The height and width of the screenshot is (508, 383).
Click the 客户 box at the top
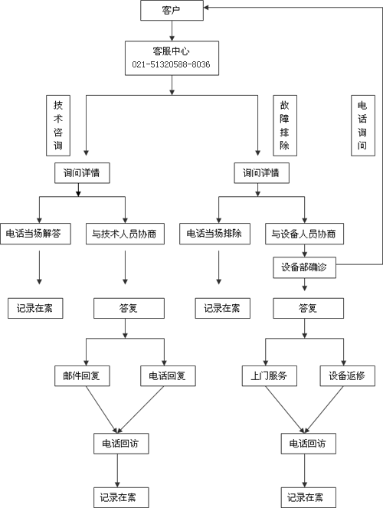pyautogui.click(x=172, y=11)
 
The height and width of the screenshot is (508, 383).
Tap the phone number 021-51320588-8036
pyautogui.click(x=171, y=64)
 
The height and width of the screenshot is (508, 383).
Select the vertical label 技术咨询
pyautogui.click(x=58, y=126)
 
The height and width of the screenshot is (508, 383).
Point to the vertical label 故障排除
pyautogui.click(x=285, y=126)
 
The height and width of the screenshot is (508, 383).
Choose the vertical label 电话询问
pyautogui.click(x=363, y=126)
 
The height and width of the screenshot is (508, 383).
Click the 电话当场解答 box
pyautogui.click(x=35, y=234)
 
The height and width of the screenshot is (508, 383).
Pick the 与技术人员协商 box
pyautogui.click(x=125, y=234)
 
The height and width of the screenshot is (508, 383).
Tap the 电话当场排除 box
pyautogui.click(x=214, y=234)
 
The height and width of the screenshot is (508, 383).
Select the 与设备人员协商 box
pyautogui.click(x=304, y=234)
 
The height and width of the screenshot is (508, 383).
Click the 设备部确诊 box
pyautogui.click(x=304, y=267)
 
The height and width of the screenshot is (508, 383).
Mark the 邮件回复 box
pyautogui.click(x=82, y=375)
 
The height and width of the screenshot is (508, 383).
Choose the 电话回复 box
pyautogui.click(x=168, y=375)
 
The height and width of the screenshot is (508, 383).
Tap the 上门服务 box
pyautogui.click(x=270, y=375)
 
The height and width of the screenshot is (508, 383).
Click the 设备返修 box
pyautogui.click(x=348, y=375)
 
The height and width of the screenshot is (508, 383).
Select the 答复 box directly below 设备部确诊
pyautogui.click(x=308, y=308)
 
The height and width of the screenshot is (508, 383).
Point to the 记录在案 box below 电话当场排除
pyautogui.click(x=222, y=308)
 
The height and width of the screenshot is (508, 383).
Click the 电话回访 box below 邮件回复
pyautogui.click(x=121, y=444)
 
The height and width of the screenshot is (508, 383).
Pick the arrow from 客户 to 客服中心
pyautogui.click(x=172, y=31)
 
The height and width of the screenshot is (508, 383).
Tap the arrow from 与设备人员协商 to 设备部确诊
pyautogui.click(x=304, y=251)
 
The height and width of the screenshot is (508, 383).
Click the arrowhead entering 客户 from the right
pyautogui.click(x=206, y=7)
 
